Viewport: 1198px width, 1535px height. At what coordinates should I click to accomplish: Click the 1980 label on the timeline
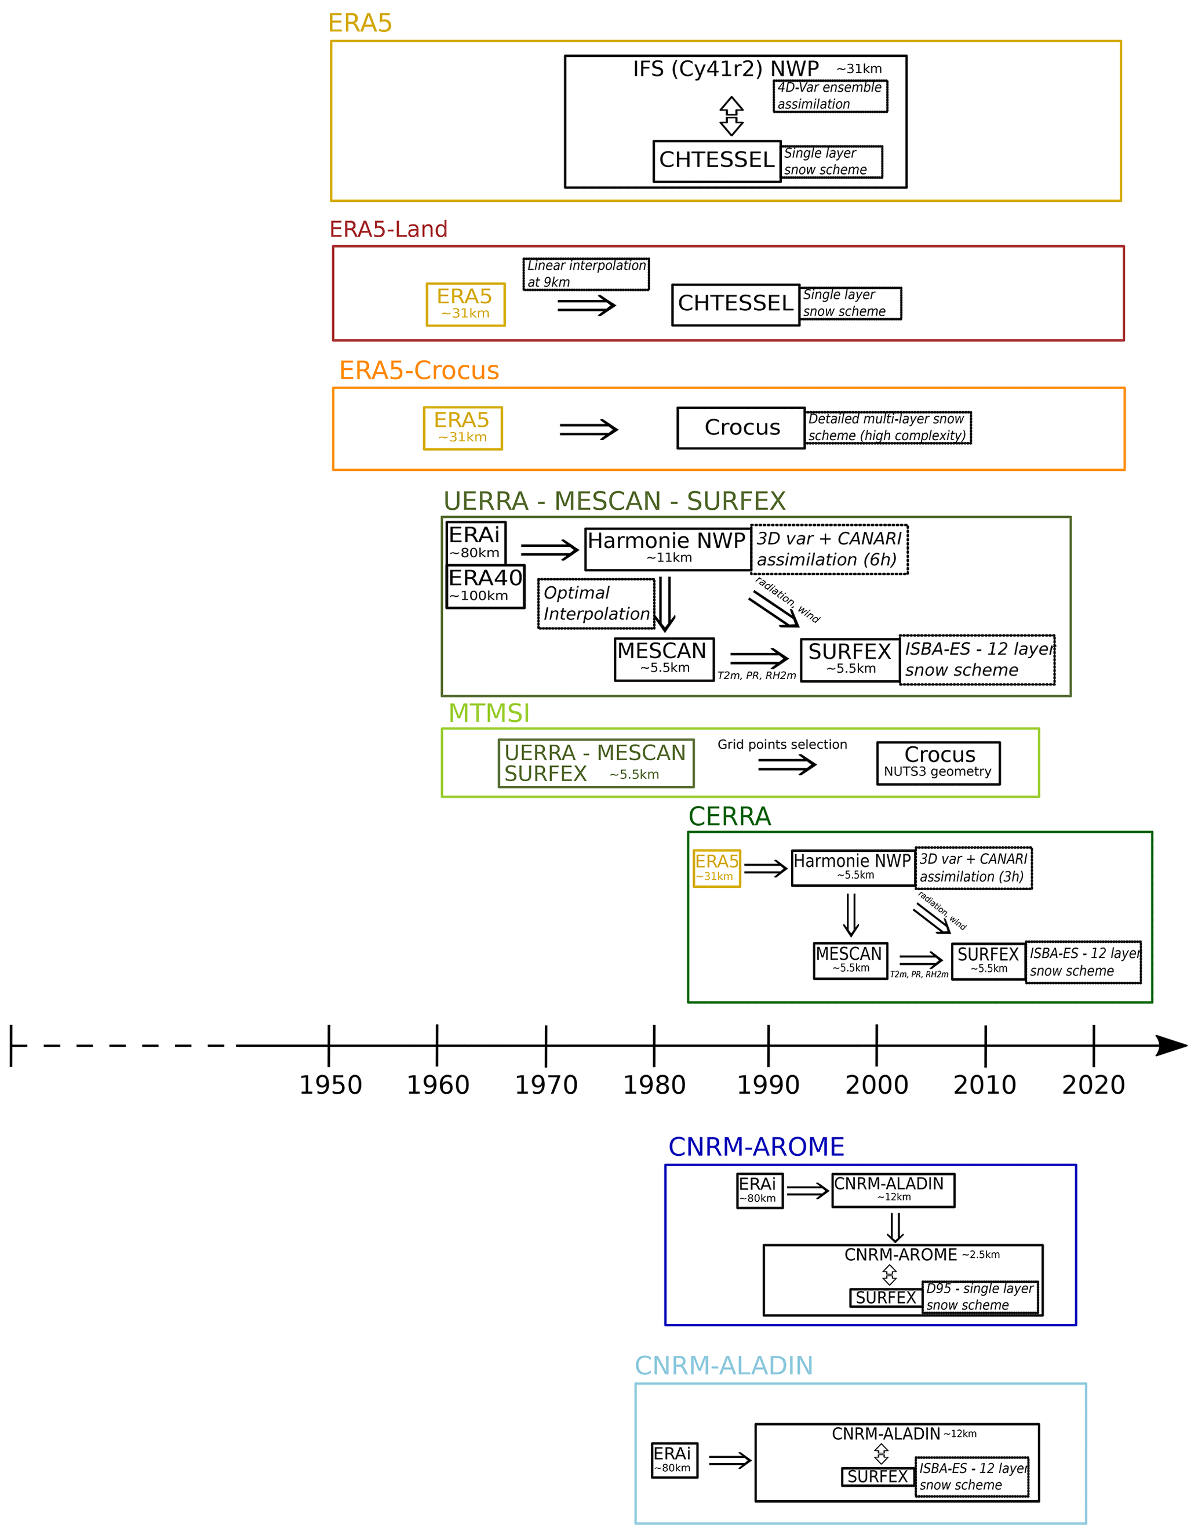coord(654,1084)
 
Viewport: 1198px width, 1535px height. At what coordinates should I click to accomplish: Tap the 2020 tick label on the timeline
coord(1093,1084)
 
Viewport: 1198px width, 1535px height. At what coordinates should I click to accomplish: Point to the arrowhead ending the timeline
coord(1172,1045)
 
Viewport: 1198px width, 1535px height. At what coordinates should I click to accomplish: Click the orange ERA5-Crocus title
coord(419,371)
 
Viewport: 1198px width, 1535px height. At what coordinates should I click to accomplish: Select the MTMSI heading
coord(489,713)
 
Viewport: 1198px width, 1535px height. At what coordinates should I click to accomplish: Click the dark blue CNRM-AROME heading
coord(756,1147)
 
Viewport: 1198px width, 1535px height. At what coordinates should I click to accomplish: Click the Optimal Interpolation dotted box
coord(596,603)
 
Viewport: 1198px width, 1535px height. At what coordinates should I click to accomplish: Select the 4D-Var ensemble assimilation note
coord(830,96)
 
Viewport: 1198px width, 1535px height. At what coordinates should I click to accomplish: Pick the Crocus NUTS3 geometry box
coord(938,763)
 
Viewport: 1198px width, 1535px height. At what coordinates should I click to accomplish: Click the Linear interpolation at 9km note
coord(586,273)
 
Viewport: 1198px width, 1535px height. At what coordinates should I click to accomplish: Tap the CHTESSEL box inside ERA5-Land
coord(735,304)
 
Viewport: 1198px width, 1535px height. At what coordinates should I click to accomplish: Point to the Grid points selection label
coord(782,745)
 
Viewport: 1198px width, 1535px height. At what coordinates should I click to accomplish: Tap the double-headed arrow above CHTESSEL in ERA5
coord(731,116)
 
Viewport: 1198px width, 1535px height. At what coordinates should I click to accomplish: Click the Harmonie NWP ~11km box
coord(667,549)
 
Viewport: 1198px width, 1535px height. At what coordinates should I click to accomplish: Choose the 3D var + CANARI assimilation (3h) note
coord(973,868)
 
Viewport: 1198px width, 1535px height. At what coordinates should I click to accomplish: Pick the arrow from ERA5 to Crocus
coord(588,430)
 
